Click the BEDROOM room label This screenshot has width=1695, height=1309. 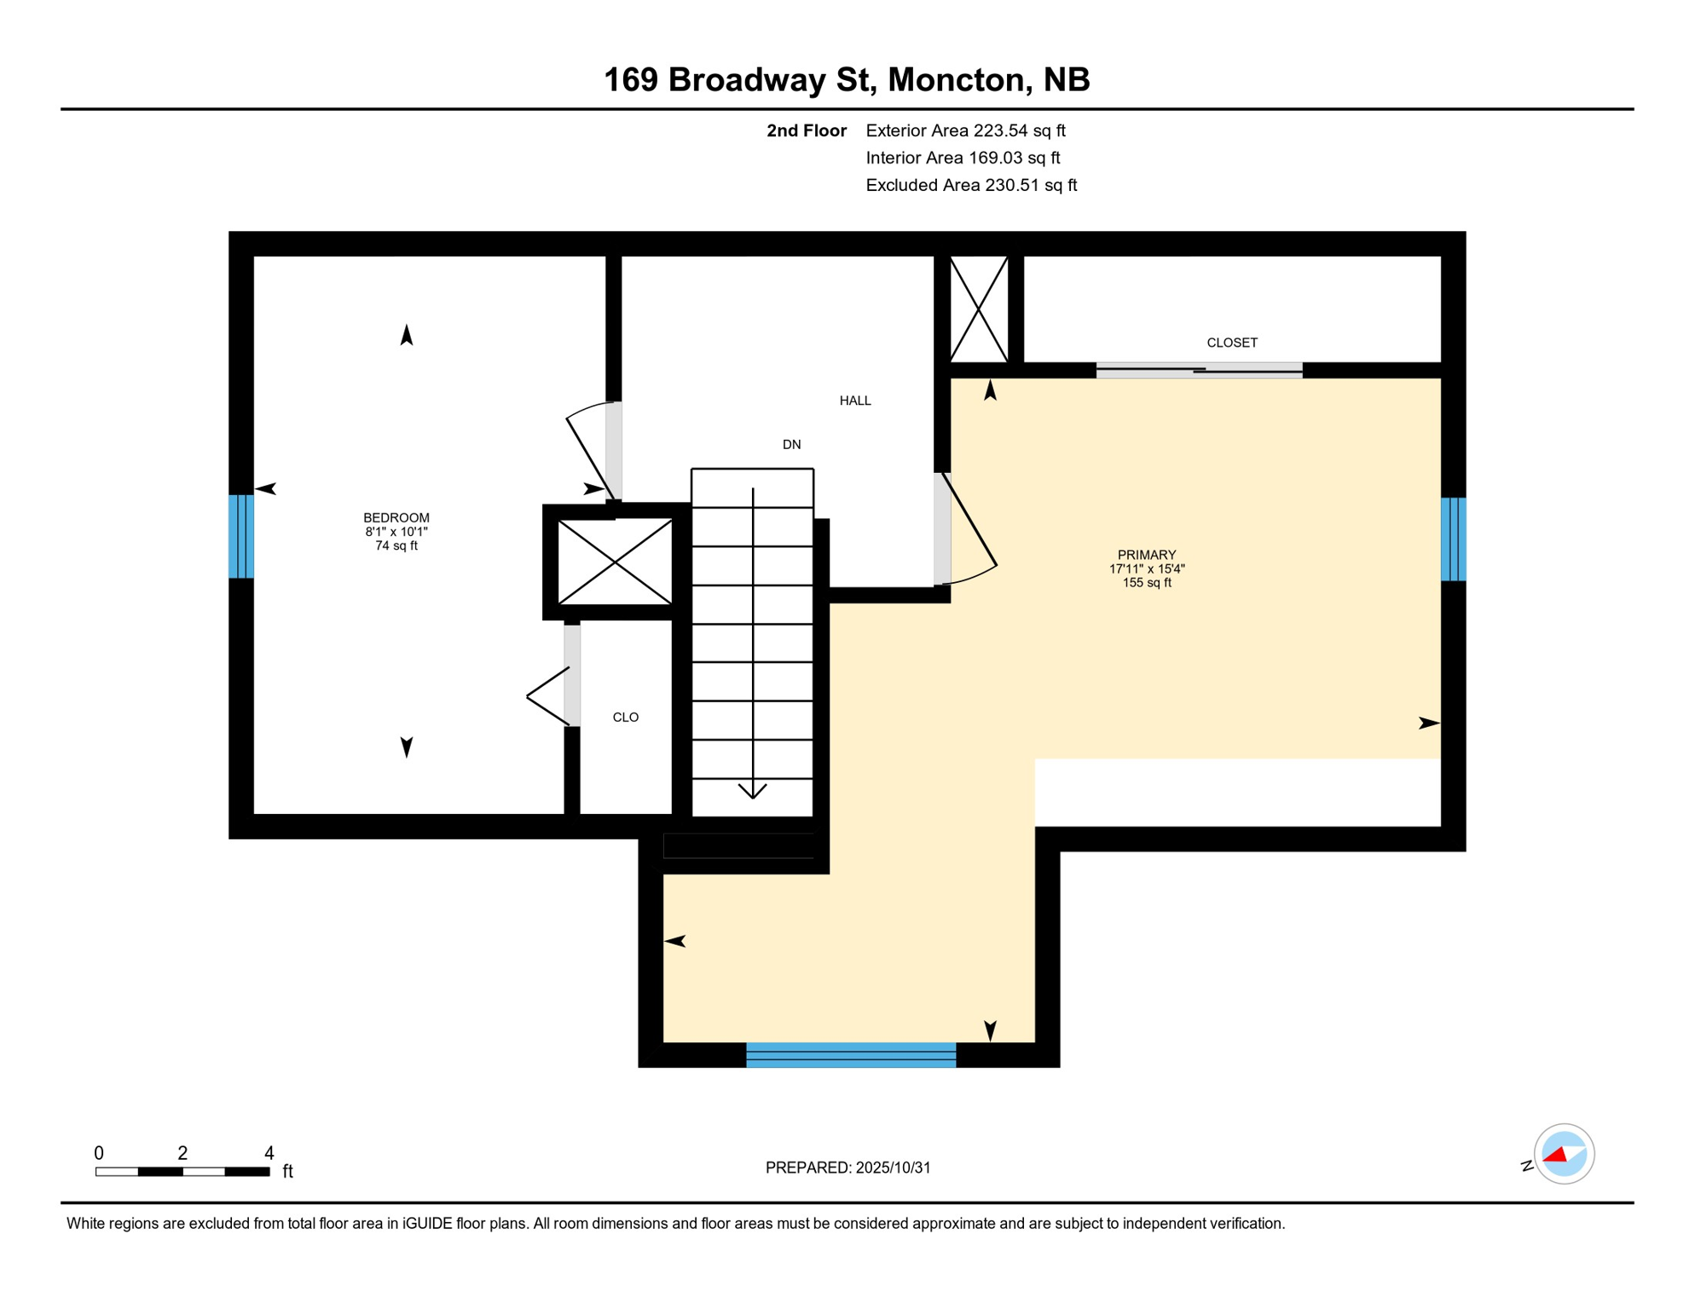coord(396,518)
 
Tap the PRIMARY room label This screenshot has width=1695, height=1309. coord(1147,555)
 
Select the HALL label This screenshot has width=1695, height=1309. coord(854,401)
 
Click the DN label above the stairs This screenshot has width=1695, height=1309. coord(791,445)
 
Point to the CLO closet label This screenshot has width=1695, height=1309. coord(625,718)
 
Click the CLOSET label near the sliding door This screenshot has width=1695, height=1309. coord(1231,343)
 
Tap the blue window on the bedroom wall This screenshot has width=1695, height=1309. coord(241,537)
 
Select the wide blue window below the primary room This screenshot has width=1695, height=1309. coord(850,1054)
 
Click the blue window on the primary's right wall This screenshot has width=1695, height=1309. coord(1453,539)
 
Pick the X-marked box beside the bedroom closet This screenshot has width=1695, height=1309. coord(615,562)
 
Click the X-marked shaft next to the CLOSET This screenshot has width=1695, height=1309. coord(979,309)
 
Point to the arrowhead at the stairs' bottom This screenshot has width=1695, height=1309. coord(753,792)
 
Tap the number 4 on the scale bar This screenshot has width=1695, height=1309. coord(269,1153)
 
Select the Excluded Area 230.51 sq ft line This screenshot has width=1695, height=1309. coord(970,186)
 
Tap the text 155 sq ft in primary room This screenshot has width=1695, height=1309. coord(1147,583)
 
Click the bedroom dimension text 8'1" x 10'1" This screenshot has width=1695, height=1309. coord(396,532)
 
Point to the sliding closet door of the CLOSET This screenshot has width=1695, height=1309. coord(1198,370)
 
